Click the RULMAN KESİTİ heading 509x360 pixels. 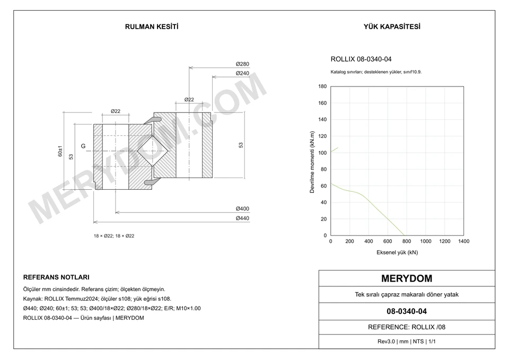point(152,27)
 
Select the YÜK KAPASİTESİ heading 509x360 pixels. point(392,27)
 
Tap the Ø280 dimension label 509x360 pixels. point(242,64)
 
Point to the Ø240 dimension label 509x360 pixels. point(242,73)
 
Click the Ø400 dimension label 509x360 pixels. point(242,209)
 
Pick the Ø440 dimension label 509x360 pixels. point(242,218)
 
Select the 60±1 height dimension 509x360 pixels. point(60,151)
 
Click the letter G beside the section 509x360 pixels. point(83,146)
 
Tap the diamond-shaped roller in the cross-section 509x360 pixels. point(152,151)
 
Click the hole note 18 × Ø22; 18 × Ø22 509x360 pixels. point(114,236)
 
